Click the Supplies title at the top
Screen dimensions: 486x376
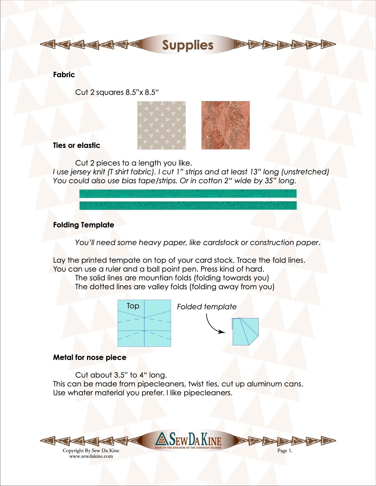pyautogui.click(x=188, y=45)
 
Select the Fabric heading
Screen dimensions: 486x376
pyautogui.click(x=64, y=75)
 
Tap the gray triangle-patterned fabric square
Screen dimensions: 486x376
pyautogui.click(x=162, y=125)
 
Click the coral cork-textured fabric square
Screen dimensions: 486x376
pyautogui.click(x=226, y=125)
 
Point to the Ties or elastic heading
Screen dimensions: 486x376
pyautogui.click(x=76, y=145)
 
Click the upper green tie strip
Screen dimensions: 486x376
pyautogui.click(x=188, y=194)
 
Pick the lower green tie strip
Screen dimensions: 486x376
pyautogui.click(x=188, y=205)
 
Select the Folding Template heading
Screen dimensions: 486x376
pyautogui.click(x=83, y=225)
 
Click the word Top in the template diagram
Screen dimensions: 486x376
pyautogui.click(x=133, y=306)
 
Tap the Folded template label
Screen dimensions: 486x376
pyautogui.click(x=207, y=307)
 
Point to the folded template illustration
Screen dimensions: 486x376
pyautogui.click(x=245, y=331)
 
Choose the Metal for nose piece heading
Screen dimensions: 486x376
pyautogui.click(x=90, y=357)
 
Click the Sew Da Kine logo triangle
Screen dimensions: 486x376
pyautogui.click(x=162, y=439)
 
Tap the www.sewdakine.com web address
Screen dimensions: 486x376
pyautogui.click(x=91, y=456)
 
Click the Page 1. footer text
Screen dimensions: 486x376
pyautogui.click(x=285, y=451)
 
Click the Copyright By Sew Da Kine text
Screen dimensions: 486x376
pyautogui.click(x=91, y=450)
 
